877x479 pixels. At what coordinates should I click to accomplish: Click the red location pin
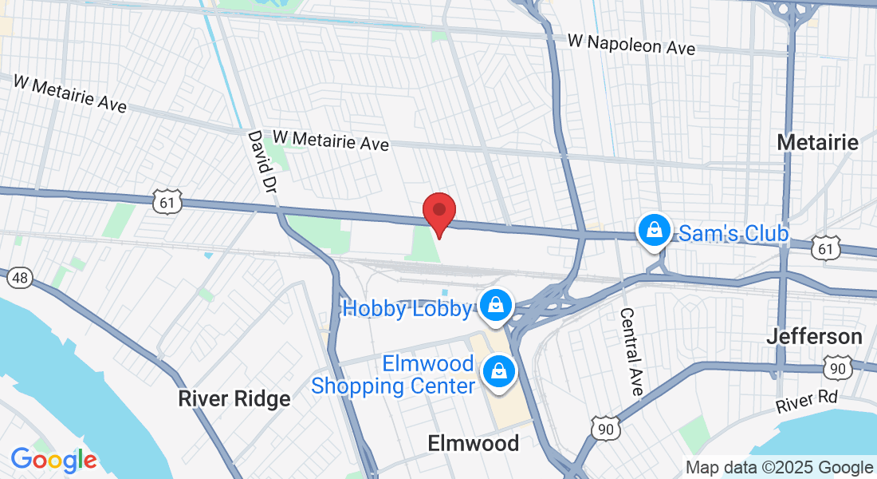(438, 212)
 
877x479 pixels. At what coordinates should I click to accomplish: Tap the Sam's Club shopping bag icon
(654, 231)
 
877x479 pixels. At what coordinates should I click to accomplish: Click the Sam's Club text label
(733, 233)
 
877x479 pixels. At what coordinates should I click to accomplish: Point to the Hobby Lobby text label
(407, 308)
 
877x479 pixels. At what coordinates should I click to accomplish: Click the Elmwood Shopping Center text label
(393, 375)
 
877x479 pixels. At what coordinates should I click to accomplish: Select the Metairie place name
(818, 143)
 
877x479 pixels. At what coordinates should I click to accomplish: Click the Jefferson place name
(814, 337)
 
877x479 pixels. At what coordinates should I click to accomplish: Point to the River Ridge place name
(234, 398)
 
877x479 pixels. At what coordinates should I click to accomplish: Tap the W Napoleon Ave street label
(631, 44)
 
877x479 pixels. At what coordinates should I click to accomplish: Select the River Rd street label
(808, 401)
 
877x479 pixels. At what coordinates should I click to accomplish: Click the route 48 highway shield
(19, 278)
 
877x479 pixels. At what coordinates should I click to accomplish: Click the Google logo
(53, 460)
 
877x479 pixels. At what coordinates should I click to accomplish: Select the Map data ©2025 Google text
(780, 468)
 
